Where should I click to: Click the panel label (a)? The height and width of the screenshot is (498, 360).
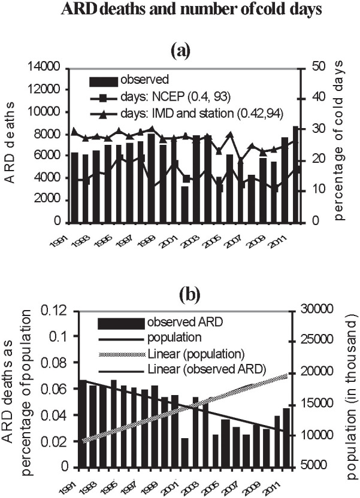(180, 51)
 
